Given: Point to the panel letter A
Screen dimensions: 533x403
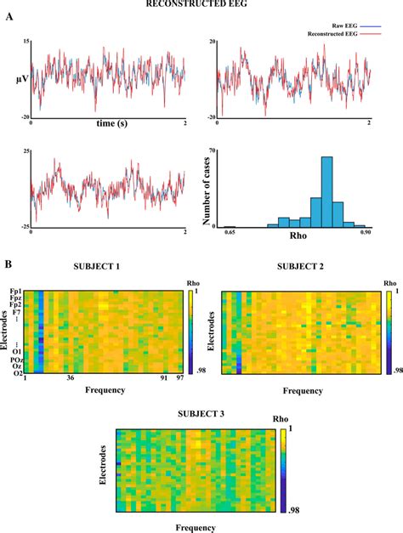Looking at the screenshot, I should [9, 25].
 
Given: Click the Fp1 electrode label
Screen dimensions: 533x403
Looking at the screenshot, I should [15, 292].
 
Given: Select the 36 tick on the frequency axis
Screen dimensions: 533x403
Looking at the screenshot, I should [71, 380].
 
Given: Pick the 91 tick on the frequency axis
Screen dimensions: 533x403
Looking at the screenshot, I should [163, 380].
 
